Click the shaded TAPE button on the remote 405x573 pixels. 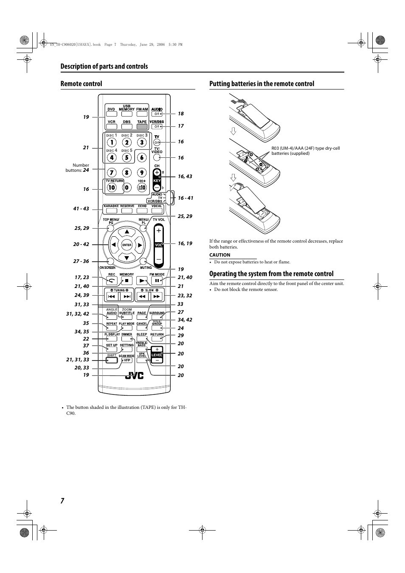pyautogui.click(x=142, y=126)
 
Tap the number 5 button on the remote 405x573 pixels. pyautogui.click(x=127, y=158)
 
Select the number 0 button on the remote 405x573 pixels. pyautogui.click(x=127, y=187)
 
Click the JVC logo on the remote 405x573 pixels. pyautogui.click(x=134, y=375)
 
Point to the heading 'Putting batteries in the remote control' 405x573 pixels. pyautogui.click(x=262, y=84)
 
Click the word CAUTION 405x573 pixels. pyautogui.click(x=219, y=255)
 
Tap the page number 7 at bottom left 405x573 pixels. pyautogui.click(x=62, y=500)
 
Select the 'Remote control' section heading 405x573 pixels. pyautogui.click(x=81, y=84)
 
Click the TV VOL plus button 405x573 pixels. pyautogui.click(x=158, y=230)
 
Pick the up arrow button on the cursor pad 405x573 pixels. pyautogui.click(x=127, y=232)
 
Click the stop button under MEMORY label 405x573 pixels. pyautogui.click(x=127, y=280)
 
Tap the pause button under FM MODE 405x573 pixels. pyautogui.click(x=157, y=280)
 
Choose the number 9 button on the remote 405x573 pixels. pyautogui.click(x=142, y=173)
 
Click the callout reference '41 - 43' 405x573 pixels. pyautogui.click(x=81, y=209)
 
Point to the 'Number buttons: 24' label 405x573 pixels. pyautogui.click(x=77, y=168)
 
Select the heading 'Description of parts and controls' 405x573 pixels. pyautogui.click(x=104, y=66)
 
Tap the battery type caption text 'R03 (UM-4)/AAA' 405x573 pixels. pyautogui.click(x=305, y=151)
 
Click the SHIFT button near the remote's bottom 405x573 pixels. pyautogui.click(x=112, y=360)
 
